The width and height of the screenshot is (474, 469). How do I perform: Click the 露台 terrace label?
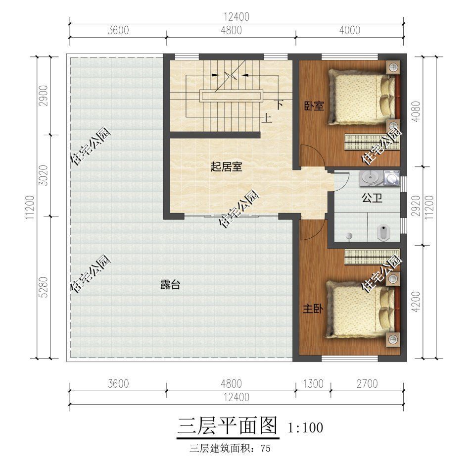(x=170, y=285)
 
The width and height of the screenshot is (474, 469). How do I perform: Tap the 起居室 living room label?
(x=226, y=167)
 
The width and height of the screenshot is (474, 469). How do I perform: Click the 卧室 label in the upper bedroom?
(x=314, y=105)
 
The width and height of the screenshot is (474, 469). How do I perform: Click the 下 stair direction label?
(x=279, y=104)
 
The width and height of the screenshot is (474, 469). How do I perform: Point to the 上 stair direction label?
(x=267, y=118)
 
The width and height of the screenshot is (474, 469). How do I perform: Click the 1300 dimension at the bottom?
(x=313, y=384)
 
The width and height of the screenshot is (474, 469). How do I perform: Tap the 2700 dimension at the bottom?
(x=367, y=384)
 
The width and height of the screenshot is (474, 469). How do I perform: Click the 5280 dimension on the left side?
(x=44, y=286)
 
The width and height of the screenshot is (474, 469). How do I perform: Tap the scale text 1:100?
(x=305, y=427)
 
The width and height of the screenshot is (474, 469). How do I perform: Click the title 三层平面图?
(x=228, y=426)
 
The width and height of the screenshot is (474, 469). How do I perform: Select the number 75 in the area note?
(x=265, y=449)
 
